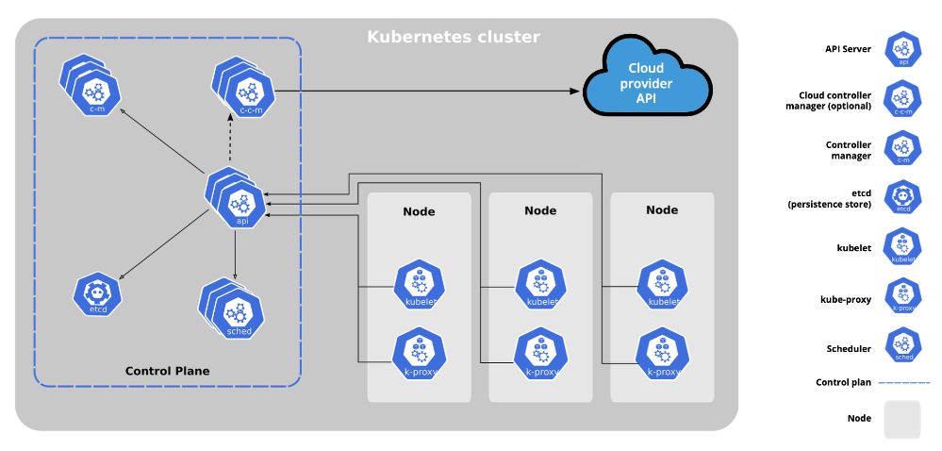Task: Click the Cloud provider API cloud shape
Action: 646,76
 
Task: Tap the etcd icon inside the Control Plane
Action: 97,294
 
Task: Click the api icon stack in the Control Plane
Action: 237,199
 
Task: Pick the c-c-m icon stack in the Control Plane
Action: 244,90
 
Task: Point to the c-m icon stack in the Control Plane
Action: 91,88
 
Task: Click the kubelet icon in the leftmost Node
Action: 418,284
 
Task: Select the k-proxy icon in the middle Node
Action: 539,352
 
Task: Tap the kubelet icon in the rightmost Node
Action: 662,284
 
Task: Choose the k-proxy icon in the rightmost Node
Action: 662,352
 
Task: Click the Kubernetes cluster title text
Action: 453,38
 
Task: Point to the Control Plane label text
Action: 167,371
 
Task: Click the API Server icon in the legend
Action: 903,49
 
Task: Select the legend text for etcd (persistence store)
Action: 830,198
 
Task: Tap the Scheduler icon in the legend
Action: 903,344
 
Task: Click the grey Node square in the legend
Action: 901,418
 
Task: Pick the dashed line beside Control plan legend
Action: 903,382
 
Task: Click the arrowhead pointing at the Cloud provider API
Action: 574,91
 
